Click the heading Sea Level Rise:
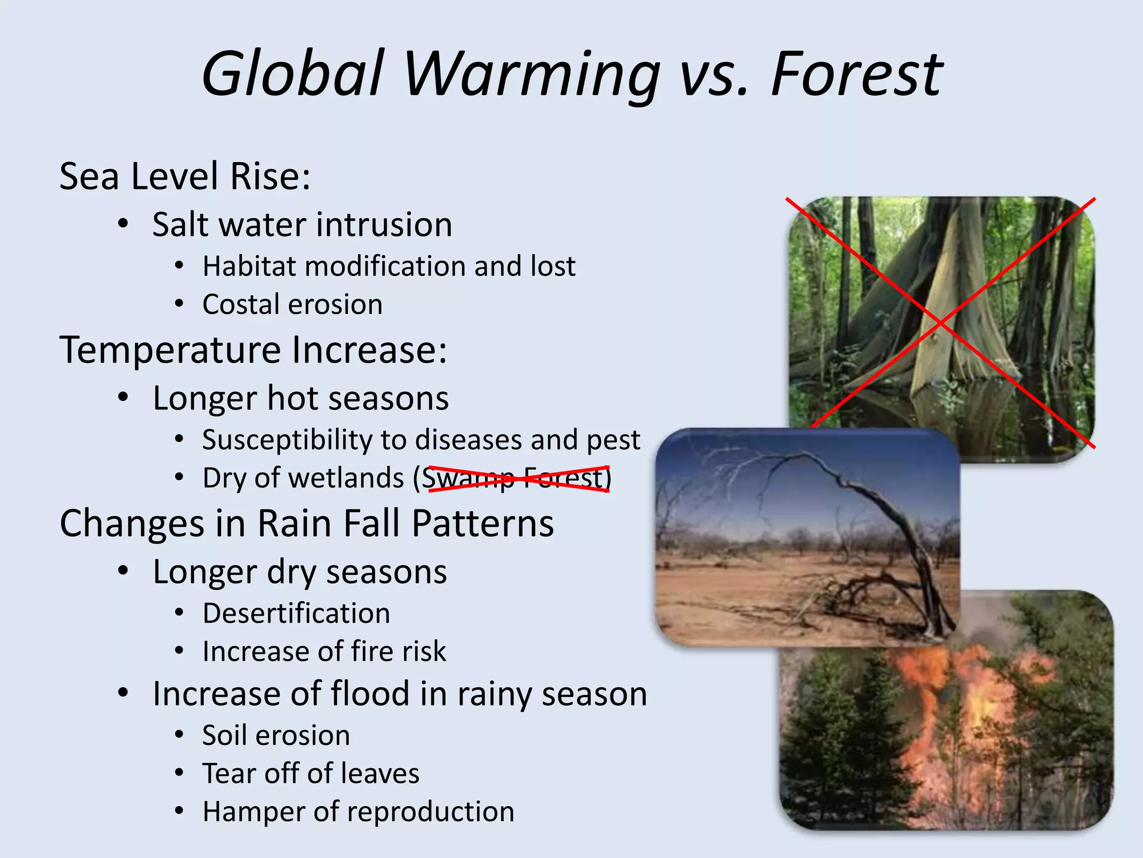[185, 177]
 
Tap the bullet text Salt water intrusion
[302, 225]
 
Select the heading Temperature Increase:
[253, 350]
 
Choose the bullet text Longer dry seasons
[300, 573]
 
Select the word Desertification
[296, 614]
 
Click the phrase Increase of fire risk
[324, 652]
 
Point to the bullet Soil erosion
[276, 736]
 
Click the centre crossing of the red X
[940, 323]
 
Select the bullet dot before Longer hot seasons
[123, 398]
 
